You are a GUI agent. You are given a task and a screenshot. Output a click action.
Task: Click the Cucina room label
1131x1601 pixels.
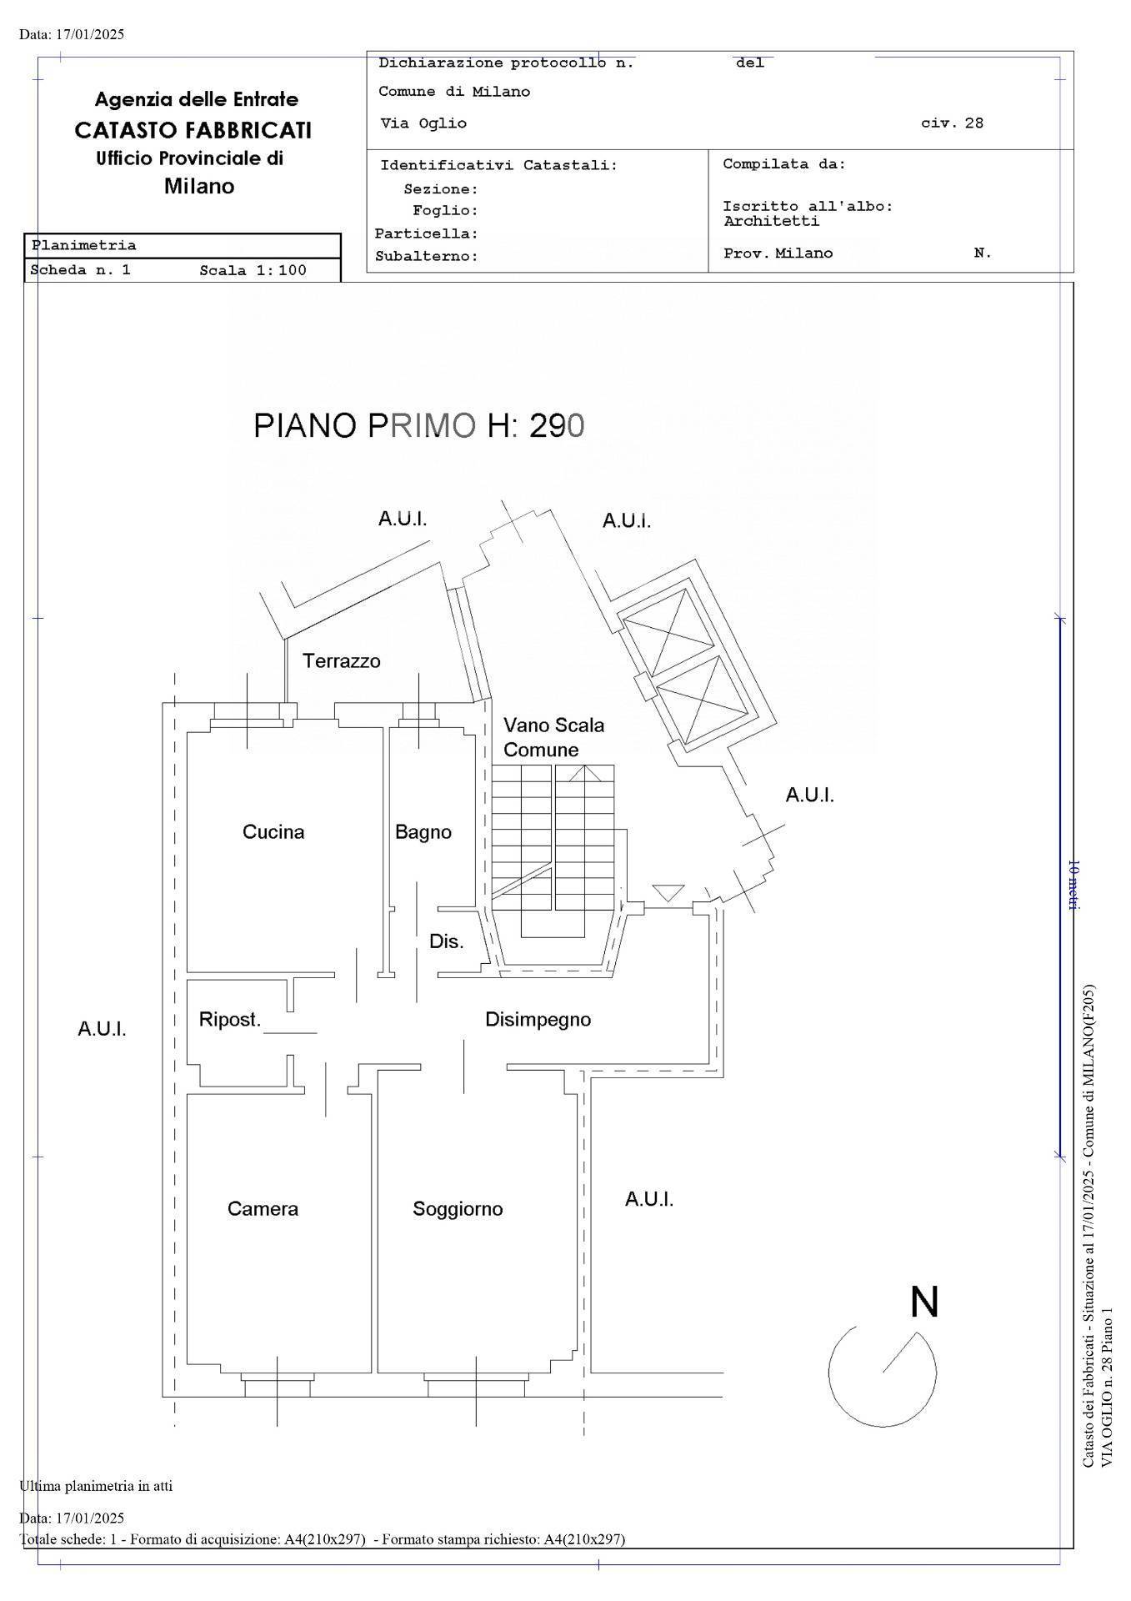click(x=273, y=831)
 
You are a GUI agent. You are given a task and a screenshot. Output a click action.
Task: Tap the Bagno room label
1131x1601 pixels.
click(x=423, y=832)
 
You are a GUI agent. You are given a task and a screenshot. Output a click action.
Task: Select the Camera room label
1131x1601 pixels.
click(x=263, y=1208)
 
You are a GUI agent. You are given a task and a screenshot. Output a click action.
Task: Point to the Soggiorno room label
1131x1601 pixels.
click(x=458, y=1209)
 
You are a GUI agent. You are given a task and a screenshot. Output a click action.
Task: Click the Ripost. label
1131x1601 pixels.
click(x=230, y=1020)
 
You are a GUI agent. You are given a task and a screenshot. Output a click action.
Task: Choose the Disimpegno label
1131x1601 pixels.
click(x=538, y=1020)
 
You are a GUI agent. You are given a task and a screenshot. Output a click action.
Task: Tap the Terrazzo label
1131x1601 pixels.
click(x=342, y=661)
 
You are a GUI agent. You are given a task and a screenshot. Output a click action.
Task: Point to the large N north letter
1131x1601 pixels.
click(x=924, y=1302)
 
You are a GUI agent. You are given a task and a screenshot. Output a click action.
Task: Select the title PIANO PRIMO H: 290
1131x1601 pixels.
click(x=419, y=425)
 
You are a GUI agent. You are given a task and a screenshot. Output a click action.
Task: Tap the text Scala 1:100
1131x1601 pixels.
click(x=253, y=270)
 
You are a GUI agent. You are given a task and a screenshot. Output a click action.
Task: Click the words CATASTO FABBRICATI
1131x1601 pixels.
click(x=193, y=130)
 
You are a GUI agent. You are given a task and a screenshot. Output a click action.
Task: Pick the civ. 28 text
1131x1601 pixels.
click(x=952, y=123)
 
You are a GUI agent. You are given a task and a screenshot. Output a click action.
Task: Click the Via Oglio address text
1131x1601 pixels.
click(x=423, y=123)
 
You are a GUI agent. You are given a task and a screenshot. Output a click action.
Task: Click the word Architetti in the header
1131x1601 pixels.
click(x=771, y=222)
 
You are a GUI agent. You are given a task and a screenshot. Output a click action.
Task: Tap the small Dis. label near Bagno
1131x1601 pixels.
click(x=446, y=942)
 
